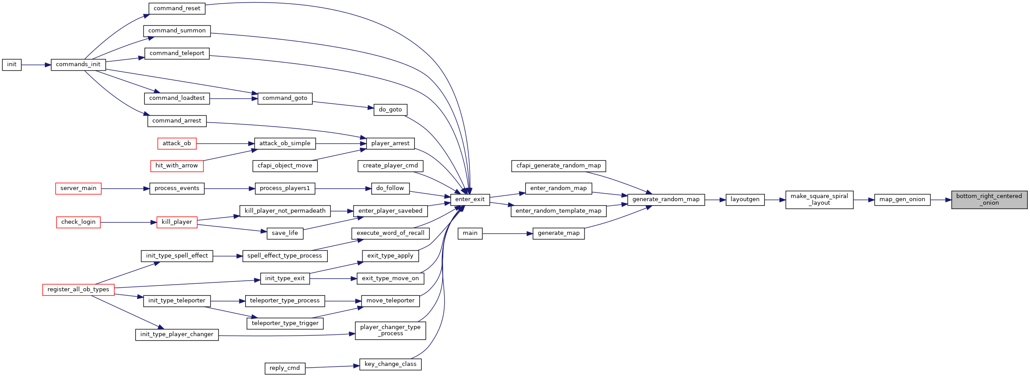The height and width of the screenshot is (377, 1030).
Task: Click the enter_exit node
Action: coord(470,199)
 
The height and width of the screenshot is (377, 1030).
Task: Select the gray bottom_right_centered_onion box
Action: coord(989,199)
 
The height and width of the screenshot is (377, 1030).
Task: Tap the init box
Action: coord(12,64)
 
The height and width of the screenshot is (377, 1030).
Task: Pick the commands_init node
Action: coord(78,64)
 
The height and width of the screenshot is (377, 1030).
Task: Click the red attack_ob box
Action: coord(177,143)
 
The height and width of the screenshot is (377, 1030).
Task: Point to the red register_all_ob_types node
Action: coord(78,290)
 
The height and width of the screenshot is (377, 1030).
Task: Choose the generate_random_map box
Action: coord(666,199)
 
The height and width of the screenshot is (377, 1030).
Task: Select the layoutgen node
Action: coord(745,199)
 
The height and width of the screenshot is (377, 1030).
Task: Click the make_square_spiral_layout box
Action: coord(819,199)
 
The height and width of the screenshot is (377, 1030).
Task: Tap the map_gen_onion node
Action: coord(902,199)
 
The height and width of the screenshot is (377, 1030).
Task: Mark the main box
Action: coord(470,233)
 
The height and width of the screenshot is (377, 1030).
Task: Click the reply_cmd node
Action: coord(285,368)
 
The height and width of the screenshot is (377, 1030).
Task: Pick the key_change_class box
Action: coord(390,364)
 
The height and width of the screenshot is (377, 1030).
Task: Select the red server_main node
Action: coord(78,188)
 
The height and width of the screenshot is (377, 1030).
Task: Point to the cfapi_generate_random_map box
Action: coord(558,166)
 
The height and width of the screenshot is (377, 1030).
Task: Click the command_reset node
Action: coord(177,8)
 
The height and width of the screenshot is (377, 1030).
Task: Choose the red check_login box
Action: coord(78,222)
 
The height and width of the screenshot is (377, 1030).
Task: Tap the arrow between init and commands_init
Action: coord(36,65)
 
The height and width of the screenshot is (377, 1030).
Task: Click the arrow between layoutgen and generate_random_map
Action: coord(715,200)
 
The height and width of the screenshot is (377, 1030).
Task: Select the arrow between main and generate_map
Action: coord(508,234)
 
